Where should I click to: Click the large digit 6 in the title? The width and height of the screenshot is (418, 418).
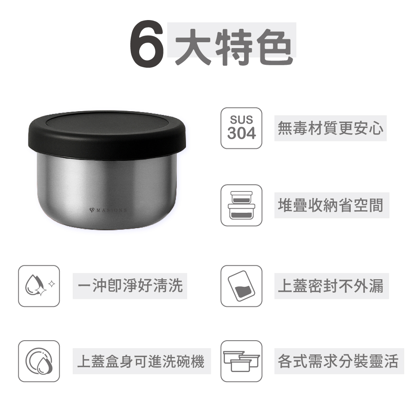click(147, 43)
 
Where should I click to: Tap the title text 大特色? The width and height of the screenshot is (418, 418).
click(234, 46)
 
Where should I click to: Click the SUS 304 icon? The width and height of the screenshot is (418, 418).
click(241, 128)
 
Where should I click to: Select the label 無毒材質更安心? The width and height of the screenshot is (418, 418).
click(330, 128)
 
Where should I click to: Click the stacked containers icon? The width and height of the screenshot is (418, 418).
click(241, 205)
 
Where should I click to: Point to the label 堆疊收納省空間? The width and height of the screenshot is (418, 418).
click(331, 205)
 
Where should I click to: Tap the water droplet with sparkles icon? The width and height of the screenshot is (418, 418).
click(39, 286)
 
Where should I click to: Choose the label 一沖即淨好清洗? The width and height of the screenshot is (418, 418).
click(130, 286)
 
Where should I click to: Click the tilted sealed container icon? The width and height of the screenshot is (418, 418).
click(241, 286)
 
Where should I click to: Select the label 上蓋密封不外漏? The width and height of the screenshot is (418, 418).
click(331, 286)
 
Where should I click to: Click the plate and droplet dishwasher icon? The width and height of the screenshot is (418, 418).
click(39, 361)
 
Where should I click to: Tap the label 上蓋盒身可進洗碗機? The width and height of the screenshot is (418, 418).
click(141, 361)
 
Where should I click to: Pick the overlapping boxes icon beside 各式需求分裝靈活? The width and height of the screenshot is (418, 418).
click(241, 361)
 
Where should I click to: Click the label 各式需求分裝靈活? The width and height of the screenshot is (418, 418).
click(338, 361)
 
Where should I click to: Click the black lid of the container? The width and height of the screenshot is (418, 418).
click(107, 133)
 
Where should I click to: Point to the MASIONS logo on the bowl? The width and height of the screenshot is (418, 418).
click(108, 210)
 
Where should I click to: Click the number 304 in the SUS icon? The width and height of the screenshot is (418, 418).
click(242, 133)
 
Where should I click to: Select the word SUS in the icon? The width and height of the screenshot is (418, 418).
click(242, 120)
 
